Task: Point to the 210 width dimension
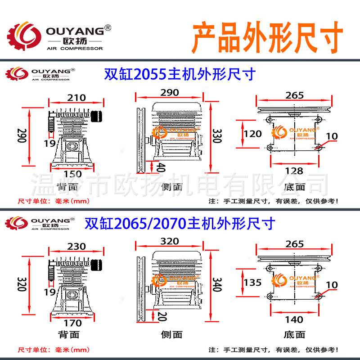pyautogui.click(x=76, y=98)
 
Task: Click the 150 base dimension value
pyautogui.click(x=72, y=174)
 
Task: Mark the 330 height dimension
pyautogui.click(x=217, y=135)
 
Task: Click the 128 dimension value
pyautogui.click(x=294, y=171)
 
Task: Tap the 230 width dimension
pyautogui.click(x=76, y=247)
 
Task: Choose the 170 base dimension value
pyautogui.click(x=72, y=323)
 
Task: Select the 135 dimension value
pyautogui.click(x=252, y=282)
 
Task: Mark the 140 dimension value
pyautogui.click(x=294, y=320)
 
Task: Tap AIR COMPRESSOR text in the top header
pyautogui.click(x=75, y=48)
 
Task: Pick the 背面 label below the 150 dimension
pyautogui.click(x=68, y=187)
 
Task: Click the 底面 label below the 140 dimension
pyautogui.click(x=294, y=334)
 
